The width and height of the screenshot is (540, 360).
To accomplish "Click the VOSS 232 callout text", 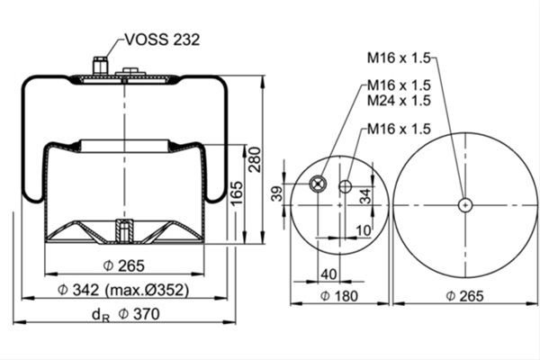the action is [x=162, y=40].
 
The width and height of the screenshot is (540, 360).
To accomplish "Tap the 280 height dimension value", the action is [x=256, y=159].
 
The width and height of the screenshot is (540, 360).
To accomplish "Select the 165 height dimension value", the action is [x=237, y=193].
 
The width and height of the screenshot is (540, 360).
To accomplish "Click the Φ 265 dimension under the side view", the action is [x=124, y=265].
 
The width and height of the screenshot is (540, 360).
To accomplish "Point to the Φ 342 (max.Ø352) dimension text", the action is [x=123, y=290].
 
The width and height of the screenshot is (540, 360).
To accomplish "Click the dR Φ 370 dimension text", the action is [x=125, y=314].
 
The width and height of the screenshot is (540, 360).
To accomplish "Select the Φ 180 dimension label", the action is [x=339, y=296].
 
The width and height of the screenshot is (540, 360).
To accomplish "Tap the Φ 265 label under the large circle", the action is [x=465, y=296].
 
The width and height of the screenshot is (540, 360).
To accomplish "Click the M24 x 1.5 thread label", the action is [x=399, y=101].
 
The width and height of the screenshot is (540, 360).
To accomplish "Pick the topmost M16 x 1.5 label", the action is [x=399, y=58].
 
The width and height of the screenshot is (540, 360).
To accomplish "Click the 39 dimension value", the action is [x=276, y=193].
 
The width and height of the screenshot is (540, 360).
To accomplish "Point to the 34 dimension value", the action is [x=365, y=196].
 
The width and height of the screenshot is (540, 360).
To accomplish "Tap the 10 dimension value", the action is [x=364, y=230].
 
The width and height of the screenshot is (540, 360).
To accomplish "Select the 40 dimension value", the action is [x=328, y=274].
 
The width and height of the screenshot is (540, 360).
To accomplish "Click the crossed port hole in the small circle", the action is [x=317, y=184].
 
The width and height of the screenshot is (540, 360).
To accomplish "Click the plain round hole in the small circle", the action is [x=345, y=186].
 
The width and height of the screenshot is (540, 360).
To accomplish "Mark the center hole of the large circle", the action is [x=465, y=205].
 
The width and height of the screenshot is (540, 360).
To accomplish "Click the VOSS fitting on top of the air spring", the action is [x=100, y=66].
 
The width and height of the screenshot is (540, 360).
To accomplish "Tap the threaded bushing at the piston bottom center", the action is [x=124, y=230].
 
